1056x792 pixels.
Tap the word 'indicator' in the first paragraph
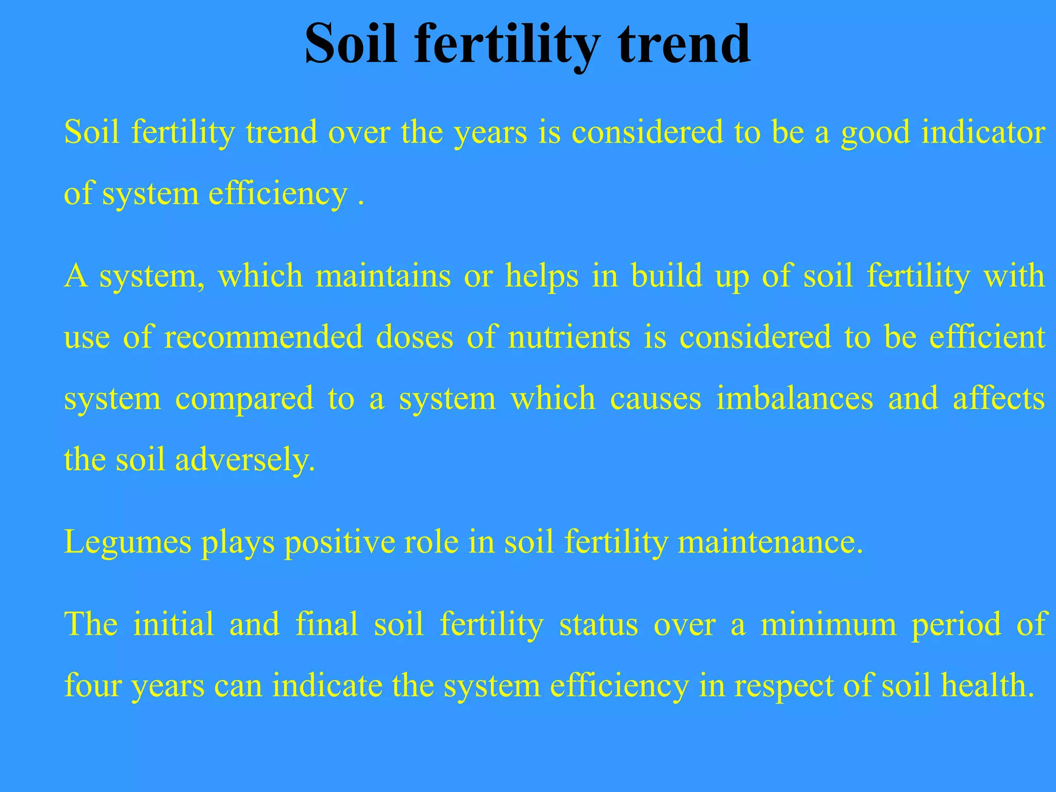point(983,133)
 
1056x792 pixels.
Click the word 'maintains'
point(383,276)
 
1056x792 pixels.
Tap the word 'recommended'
point(263,337)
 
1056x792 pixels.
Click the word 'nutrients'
point(569,337)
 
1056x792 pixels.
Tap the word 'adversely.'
point(245,460)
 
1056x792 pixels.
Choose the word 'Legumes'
point(127,543)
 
